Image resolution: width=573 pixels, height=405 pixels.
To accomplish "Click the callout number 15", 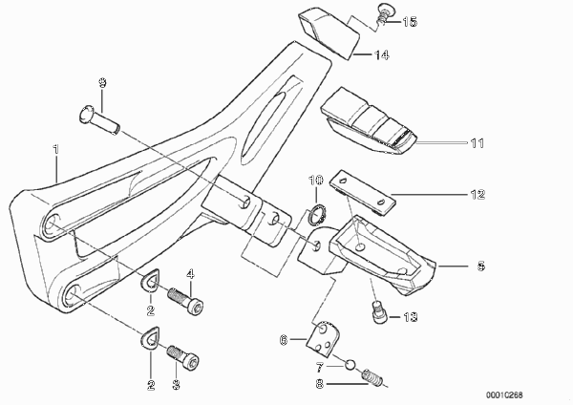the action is click(410, 22).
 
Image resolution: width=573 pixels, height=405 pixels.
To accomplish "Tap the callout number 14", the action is click(381, 55).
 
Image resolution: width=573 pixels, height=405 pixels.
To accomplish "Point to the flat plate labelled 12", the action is click(363, 192).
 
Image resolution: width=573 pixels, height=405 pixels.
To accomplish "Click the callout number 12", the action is click(477, 194).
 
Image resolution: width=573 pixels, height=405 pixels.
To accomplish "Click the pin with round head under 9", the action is click(99, 120).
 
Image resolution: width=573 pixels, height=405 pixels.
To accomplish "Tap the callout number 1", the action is click(56, 149).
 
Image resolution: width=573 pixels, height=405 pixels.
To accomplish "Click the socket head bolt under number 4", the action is click(185, 301).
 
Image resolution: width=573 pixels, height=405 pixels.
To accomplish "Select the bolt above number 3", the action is click(183, 355).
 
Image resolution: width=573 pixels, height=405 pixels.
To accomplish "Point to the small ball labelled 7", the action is click(350, 365).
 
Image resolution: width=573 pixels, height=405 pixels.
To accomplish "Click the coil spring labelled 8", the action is click(372, 377).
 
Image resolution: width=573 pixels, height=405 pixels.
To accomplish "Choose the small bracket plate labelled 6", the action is click(323, 339).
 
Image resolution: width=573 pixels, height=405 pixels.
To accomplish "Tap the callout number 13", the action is click(410, 317).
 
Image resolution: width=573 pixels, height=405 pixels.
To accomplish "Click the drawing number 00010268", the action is click(504, 395).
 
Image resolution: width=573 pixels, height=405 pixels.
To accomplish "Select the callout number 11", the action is click(477, 143).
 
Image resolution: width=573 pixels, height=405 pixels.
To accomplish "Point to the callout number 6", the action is click(284, 340).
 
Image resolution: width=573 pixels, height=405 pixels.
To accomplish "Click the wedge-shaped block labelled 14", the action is click(329, 32).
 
